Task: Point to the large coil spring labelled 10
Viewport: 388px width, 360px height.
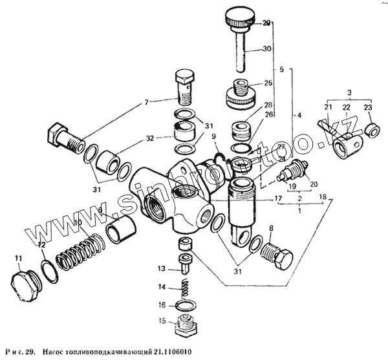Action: coord(80,248)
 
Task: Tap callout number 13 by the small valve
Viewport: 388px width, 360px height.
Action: coord(162,268)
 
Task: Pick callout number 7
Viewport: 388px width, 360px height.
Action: coord(145,102)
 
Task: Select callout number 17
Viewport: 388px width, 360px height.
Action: coord(277,199)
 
